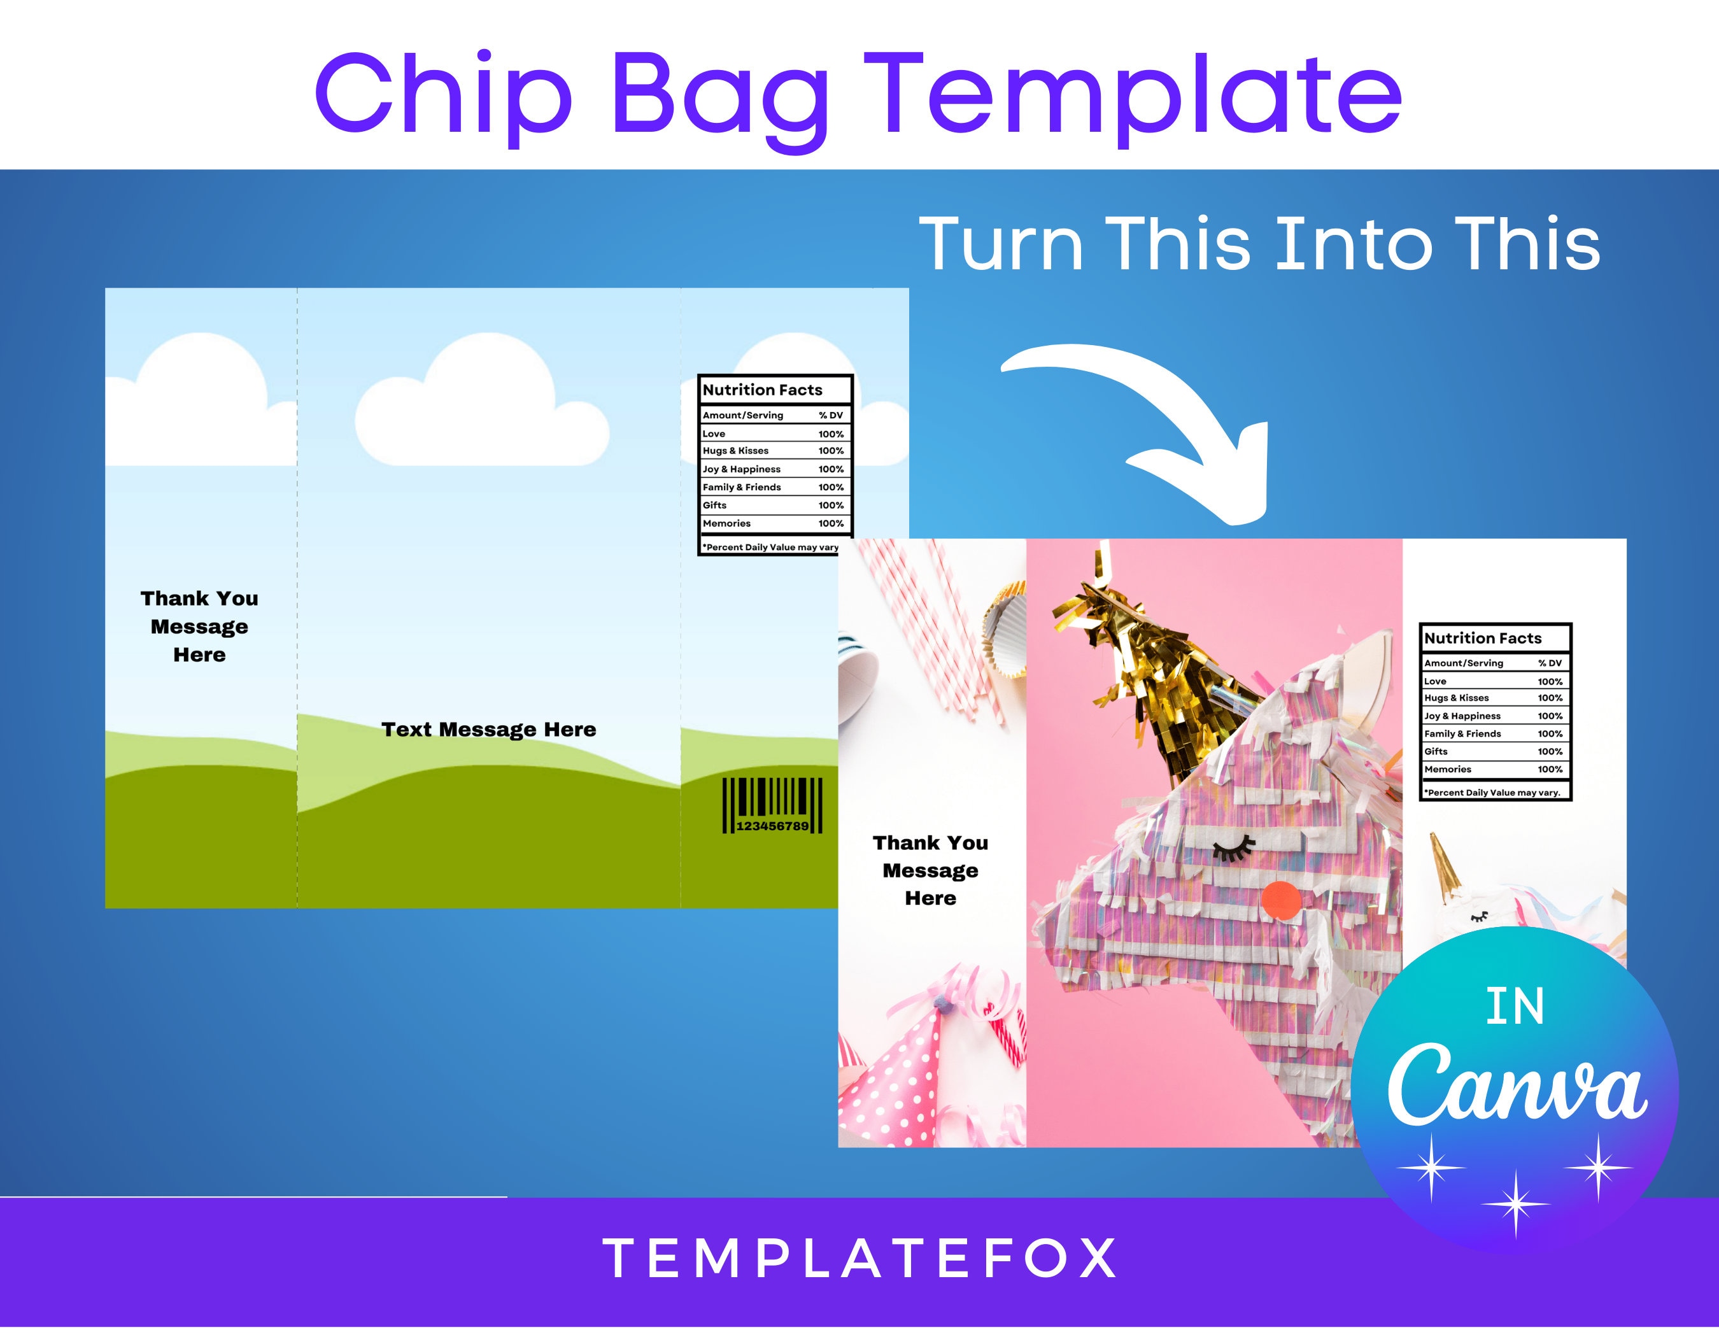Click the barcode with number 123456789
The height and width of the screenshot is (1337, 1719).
tap(772, 805)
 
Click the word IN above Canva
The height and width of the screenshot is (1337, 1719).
tap(1515, 1007)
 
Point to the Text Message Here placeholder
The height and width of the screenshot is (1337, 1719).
tap(489, 730)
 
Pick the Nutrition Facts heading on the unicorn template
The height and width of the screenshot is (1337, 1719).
tap(1483, 638)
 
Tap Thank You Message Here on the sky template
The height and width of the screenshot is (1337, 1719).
tap(199, 626)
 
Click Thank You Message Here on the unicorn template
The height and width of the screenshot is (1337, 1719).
tap(930, 870)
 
